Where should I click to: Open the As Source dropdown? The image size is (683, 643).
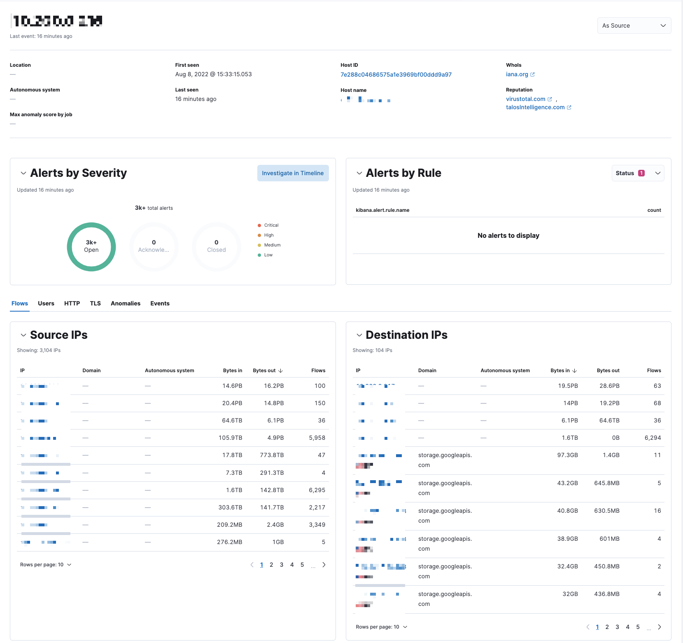tap(634, 26)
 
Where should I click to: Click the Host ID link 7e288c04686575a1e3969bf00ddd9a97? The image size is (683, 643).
tap(396, 75)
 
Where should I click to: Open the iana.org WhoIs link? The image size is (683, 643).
tap(517, 74)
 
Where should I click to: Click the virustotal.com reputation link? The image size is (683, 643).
tap(525, 99)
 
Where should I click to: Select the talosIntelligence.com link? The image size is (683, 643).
tap(535, 107)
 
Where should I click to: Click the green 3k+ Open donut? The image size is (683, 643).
tap(91, 246)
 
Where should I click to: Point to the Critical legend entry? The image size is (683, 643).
tap(271, 225)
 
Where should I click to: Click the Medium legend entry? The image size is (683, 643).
tap(272, 245)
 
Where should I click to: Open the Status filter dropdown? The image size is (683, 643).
tap(637, 173)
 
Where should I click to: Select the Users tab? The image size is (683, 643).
tap(46, 303)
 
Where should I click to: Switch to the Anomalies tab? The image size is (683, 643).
tap(126, 303)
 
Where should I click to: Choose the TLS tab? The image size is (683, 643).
tap(96, 303)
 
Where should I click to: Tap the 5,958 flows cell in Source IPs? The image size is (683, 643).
tap(317, 438)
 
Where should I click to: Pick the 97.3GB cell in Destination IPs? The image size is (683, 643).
tap(567, 455)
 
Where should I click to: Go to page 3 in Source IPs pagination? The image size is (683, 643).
tap(282, 565)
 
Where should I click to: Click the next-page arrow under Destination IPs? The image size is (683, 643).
tap(660, 627)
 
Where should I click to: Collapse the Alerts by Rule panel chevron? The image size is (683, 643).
tap(359, 173)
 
